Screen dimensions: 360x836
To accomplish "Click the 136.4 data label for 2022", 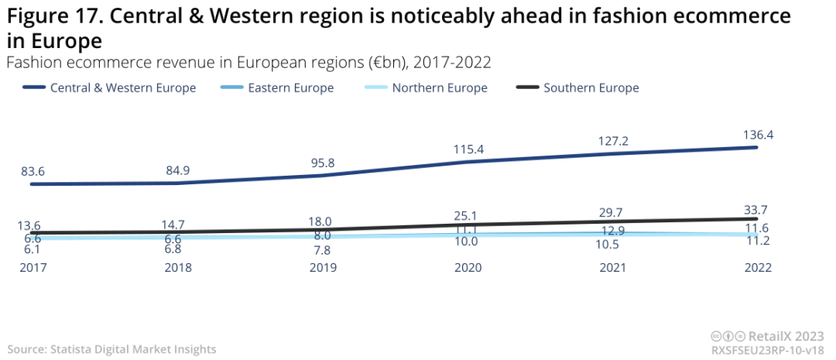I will pos(758,135).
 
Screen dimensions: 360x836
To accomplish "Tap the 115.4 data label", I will pos(468,148).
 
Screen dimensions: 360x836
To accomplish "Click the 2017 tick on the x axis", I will pos(33,267).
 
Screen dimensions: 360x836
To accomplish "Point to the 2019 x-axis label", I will pos(323,267).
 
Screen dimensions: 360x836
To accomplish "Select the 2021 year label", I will pos(613,267).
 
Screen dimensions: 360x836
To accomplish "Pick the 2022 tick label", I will pos(758,267).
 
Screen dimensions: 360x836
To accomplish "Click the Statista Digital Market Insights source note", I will pos(112,350).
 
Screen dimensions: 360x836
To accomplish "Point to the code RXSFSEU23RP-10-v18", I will pos(768,350).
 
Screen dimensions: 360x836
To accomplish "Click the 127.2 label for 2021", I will pos(613,141).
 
